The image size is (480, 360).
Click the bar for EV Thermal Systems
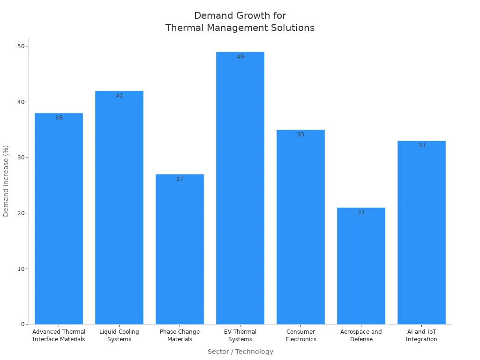pyautogui.click(x=240, y=187)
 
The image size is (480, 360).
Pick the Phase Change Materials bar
pyautogui.click(x=180, y=249)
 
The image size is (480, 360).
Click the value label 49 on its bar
pyautogui.click(x=240, y=57)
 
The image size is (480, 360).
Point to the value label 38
pyautogui.click(x=59, y=118)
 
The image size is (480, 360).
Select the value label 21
pyautogui.click(x=361, y=212)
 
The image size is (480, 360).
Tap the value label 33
pyautogui.click(x=421, y=145)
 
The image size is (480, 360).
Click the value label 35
pyautogui.click(x=300, y=135)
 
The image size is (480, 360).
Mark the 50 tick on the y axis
pyautogui.click(x=21, y=46)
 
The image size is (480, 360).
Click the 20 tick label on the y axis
pyautogui.click(x=21, y=213)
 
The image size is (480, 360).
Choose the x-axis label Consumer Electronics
pyautogui.click(x=300, y=336)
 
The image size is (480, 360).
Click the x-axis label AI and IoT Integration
pyautogui.click(x=421, y=336)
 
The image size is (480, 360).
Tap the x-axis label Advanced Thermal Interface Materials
pyautogui.click(x=59, y=336)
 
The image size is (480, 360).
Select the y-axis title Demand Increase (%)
pyautogui.click(x=6, y=181)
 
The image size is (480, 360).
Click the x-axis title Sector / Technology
pyautogui.click(x=240, y=352)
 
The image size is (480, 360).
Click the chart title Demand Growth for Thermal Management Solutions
pyautogui.click(x=240, y=22)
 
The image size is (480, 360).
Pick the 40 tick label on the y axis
pyautogui.click(x=21, y=102)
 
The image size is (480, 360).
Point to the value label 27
pyautogui.click(x=180, y=179)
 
